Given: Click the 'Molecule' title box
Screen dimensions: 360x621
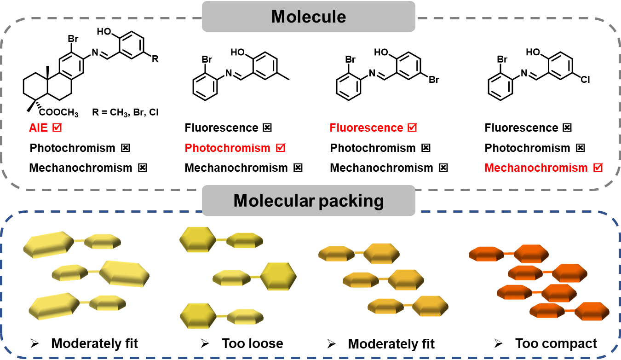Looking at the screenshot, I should pyautogui.click(x=308, y=17).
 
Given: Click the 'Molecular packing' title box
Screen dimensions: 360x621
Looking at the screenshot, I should pyautogui.click(x=308, y=201).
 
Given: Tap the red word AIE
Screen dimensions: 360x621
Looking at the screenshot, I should pyautogui.click(x=38, y=128).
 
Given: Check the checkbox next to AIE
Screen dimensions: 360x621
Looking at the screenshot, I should pyautogui.click(x=57, y=128).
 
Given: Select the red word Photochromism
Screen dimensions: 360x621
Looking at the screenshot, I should pyautogui.click(x=227, y=148).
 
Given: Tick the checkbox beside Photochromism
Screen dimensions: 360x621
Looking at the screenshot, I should pyautogui.click(x=281, y=148).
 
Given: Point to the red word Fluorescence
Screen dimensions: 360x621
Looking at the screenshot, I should pyautogui.click(x=366, y=128).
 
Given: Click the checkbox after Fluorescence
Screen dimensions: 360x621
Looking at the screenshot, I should pyautogui.click(x=413, y=128).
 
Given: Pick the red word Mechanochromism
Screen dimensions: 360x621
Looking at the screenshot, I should pyautogui.click(x=536, y=168).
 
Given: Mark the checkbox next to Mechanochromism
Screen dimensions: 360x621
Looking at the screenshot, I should pyautogui.click(x=598, y=168).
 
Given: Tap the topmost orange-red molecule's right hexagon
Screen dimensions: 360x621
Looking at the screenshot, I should pyautogui.click(x=531, y=254).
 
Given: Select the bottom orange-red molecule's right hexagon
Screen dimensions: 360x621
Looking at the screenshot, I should pyautogui.click(x=592, y=311).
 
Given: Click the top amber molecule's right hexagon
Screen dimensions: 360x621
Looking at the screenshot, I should pyautogui.click(x=381, y=253).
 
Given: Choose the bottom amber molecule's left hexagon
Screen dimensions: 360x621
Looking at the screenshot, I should pyautogui.click(x=385, y=306).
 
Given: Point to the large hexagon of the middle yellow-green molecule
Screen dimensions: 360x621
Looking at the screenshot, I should pyautogui.click(x=278, y=276).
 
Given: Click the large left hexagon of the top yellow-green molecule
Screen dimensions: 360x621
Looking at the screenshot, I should pyautogui.click(x=197, y=239).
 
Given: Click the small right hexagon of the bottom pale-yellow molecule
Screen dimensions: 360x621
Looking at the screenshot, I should pyautogui.click(x=108, y=303).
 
